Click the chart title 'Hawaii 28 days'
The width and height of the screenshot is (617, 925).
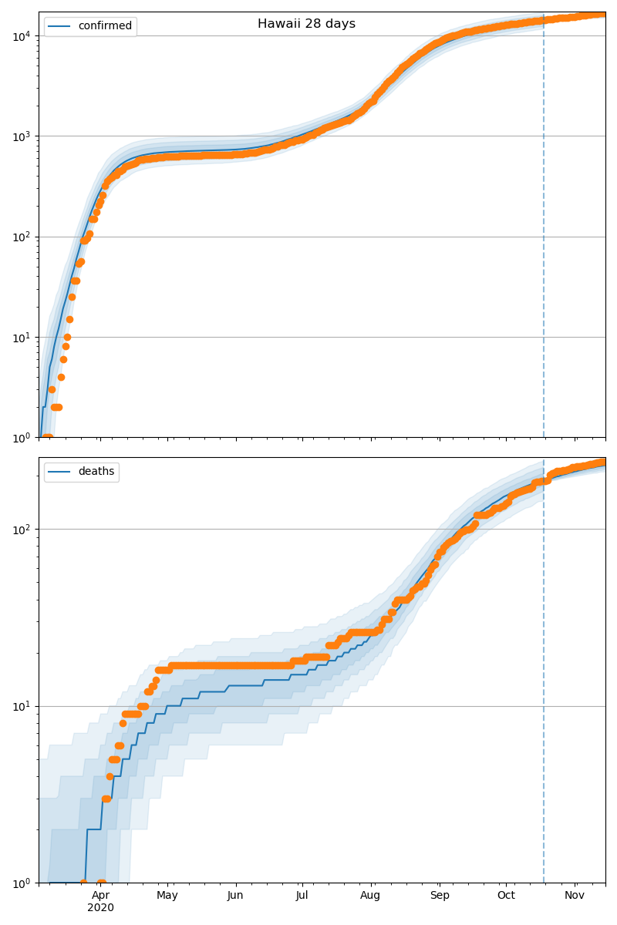point(306,24)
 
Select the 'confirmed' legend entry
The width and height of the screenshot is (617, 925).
point(105,26)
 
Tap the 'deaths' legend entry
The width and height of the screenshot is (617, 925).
point(96,472)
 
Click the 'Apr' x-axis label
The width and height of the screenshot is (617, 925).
point(100,895)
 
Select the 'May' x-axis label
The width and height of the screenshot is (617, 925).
point(167,895)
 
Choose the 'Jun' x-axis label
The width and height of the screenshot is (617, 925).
point(235,895)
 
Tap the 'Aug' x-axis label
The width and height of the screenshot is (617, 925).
point(371,895)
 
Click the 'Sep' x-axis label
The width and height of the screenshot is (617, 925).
point(439,895)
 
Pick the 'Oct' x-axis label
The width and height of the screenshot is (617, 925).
point(506,895)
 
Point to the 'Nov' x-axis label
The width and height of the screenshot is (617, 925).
point(574,895)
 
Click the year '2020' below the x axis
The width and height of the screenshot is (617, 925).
point(100,907)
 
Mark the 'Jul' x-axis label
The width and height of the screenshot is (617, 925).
point(302,895)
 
